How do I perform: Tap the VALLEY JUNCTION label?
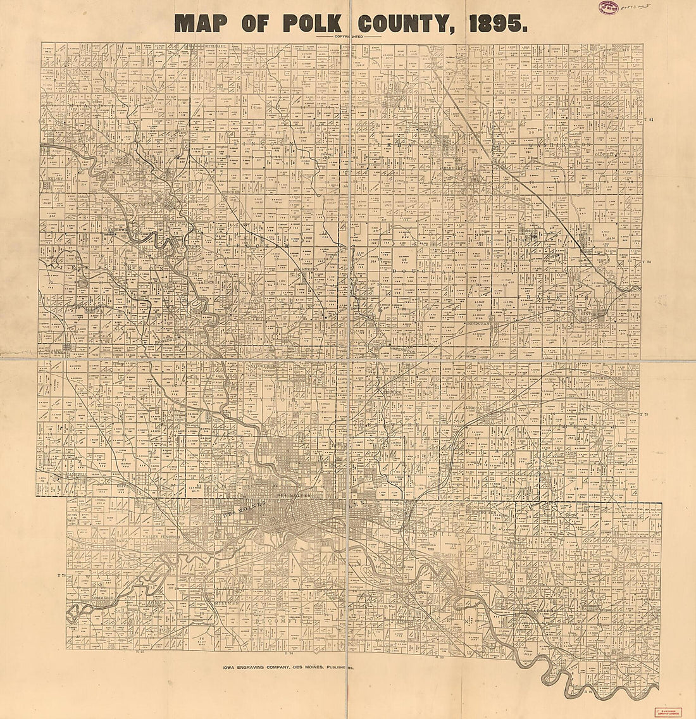coord(161,537)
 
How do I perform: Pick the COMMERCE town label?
coord(102,597)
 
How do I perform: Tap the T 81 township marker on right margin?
coord(647,120)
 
